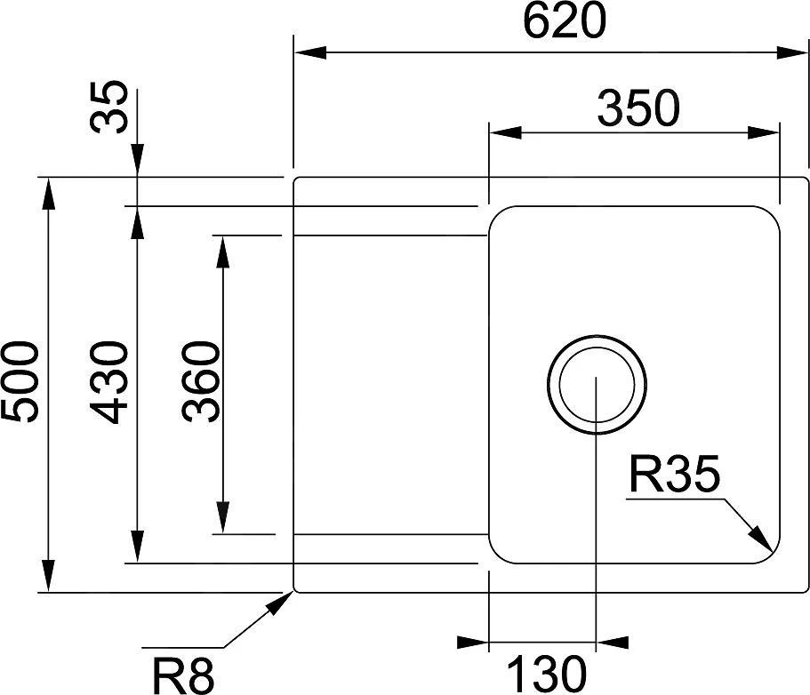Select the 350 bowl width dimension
coord(638,108)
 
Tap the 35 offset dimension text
coord(110,107)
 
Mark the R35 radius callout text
coord(673,477)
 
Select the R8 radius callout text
coord(183,674)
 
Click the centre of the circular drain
coord(595,385)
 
